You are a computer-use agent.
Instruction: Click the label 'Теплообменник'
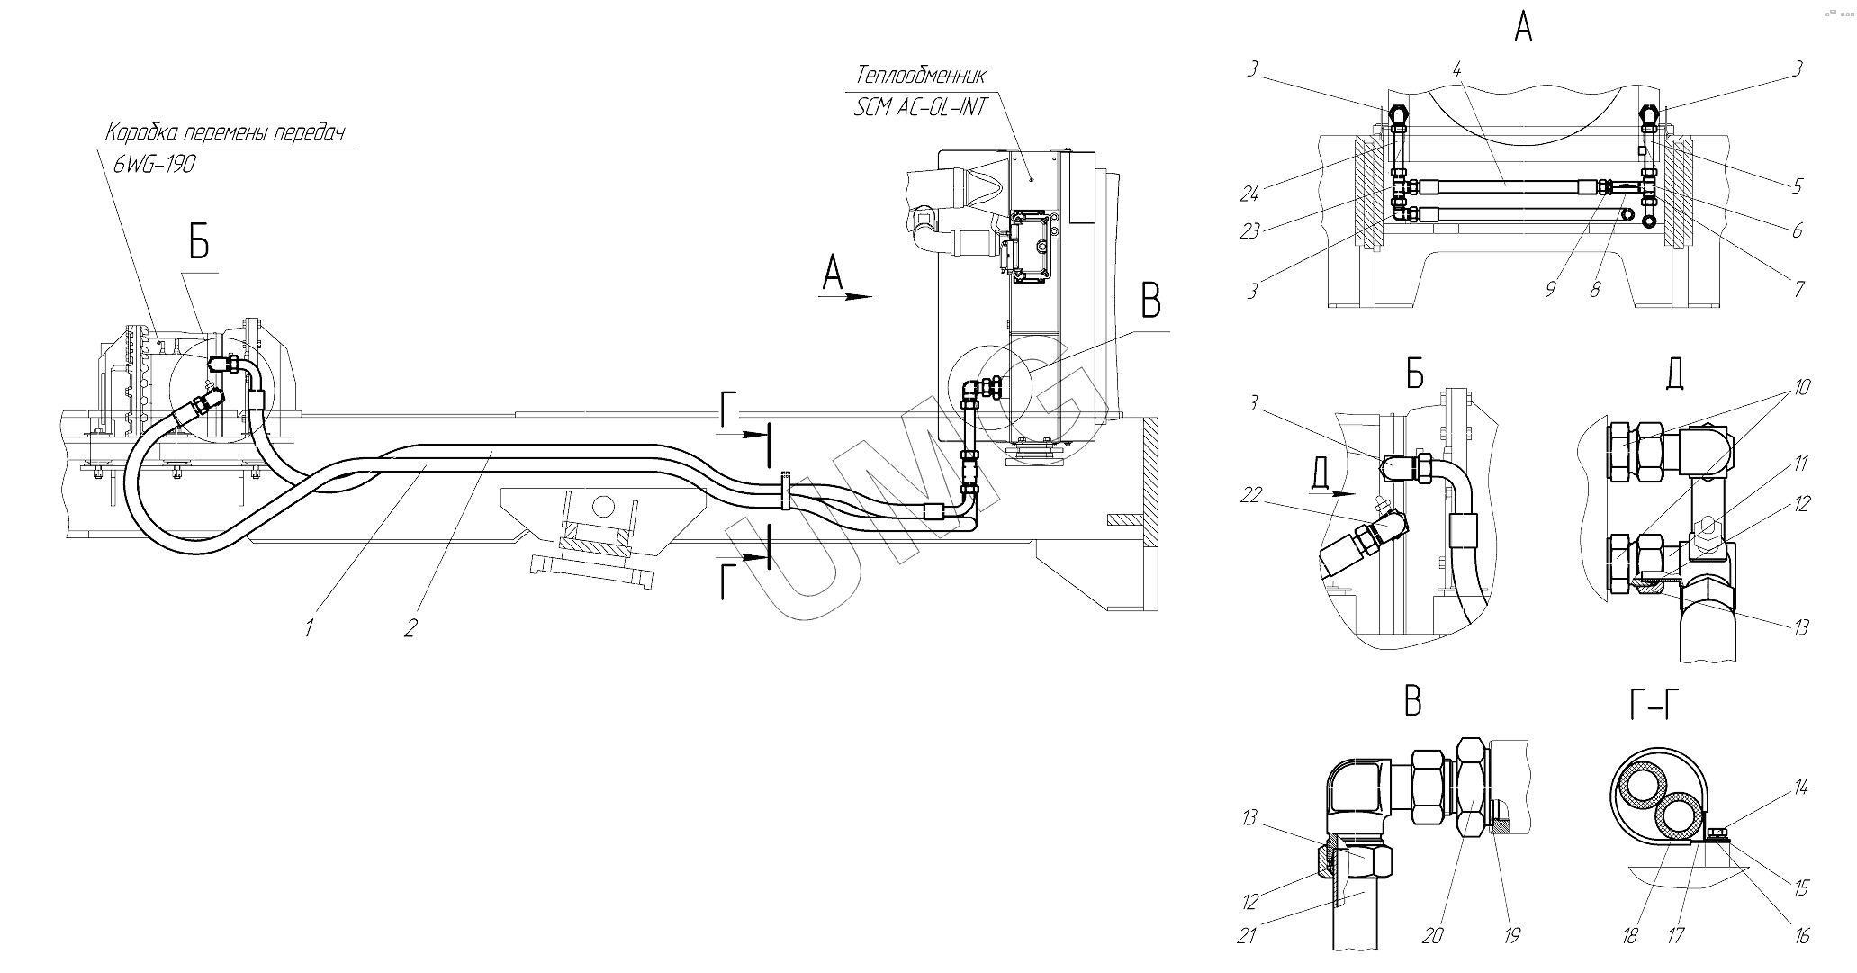tap(922, 74)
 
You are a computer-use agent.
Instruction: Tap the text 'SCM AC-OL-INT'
tap(921, 107)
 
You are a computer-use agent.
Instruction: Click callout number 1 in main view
tap(308, 627)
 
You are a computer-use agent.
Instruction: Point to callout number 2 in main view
tap(410, 627)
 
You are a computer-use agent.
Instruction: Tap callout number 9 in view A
tap(1551, 290)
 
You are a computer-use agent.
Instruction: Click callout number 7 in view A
tap(1798, 289)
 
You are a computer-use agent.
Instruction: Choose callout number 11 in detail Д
tap(1801, 464)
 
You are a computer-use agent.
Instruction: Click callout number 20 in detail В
tap(1432, 936)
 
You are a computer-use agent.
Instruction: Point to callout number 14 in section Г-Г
tap(1800, 788)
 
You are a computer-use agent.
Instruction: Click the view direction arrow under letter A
tap(847, 295)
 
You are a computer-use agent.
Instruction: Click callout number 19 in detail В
tap(1512, 936)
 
